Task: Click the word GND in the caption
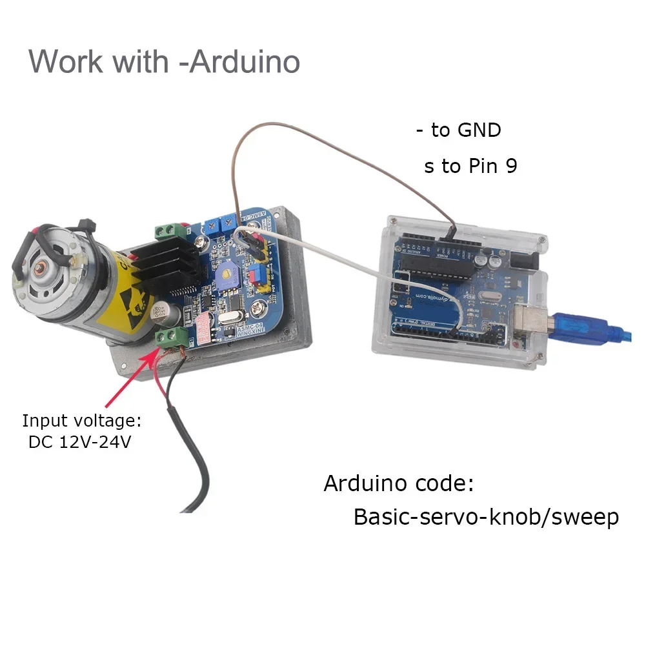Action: tap(479, 130)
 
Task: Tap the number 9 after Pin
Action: tap(510, 167)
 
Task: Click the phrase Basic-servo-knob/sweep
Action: tap(485, 517)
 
